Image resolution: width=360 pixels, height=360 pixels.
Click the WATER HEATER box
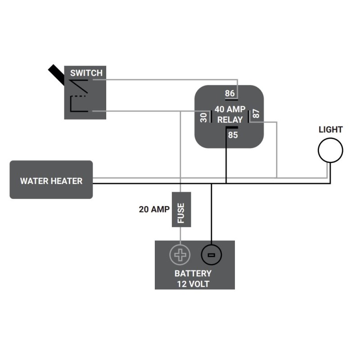(x=51, y=180)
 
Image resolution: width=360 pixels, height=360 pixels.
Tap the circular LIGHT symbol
(x=330, y=150)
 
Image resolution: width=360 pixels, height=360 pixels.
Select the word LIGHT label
(x=330, y=130)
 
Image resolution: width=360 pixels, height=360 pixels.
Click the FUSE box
(x=181, y=210)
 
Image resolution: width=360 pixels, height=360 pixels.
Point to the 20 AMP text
(x=154, y=209)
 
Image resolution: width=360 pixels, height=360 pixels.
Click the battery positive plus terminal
(x=180, y=256)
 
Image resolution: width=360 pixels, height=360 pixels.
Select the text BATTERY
(x=193, y=274)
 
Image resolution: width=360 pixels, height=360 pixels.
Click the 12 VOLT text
(x=193, y=284)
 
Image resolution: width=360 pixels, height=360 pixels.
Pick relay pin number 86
(x=230, y=94)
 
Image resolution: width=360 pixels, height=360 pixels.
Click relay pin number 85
(x=233, y=135)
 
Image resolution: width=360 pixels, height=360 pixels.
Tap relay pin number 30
(x=203, y=117)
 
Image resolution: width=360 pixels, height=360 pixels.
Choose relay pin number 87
(x=256, y=114)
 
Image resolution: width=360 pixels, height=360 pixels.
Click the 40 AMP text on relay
(x=230, y=109)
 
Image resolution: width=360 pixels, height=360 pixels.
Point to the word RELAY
(x=230, y=120)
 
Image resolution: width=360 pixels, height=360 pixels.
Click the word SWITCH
(x=86, y=73)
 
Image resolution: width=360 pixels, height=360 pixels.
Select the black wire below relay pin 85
(x=226, y=157)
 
